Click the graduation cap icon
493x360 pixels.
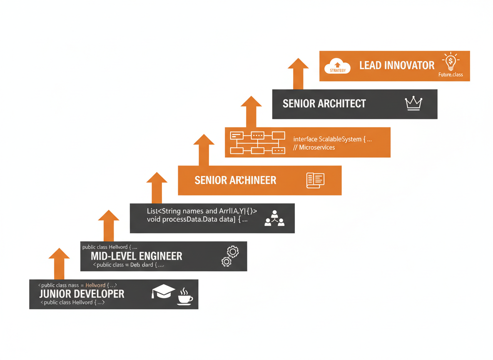(163, 291)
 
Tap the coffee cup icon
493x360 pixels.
(185, 296)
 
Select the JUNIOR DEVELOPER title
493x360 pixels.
(82, 294)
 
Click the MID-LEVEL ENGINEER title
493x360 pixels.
(136, 256)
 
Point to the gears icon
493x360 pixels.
(230, 256)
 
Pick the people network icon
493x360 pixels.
(274, 218)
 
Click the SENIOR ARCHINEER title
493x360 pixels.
(235, 180)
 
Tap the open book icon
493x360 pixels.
(315, 180)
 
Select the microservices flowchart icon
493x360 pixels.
(257, 142)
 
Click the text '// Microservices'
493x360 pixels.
(314, 147)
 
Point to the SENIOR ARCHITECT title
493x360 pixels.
(324, 104)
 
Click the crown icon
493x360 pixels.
(413, 103)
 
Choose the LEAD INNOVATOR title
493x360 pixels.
(396, 65)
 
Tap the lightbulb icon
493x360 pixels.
(450, 62)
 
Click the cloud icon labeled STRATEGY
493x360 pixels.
(337, 66)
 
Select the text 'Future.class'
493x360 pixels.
(451, 75)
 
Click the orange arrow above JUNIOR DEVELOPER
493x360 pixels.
(59, 263)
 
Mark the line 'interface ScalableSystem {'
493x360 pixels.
(332, 139)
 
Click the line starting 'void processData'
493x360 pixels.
(197, 219)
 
